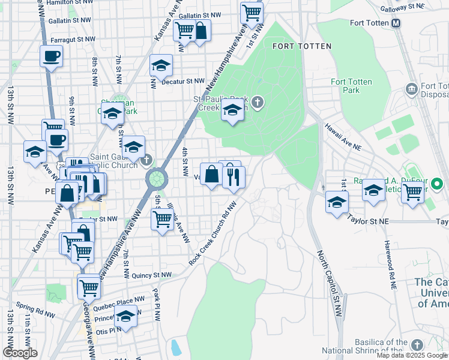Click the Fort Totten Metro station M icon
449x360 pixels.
396,23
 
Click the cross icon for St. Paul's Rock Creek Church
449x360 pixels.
258,103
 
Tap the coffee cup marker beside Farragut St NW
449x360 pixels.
52,57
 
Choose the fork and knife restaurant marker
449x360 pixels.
234,176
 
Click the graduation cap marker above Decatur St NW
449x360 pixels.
161,65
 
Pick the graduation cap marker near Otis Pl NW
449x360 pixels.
125,315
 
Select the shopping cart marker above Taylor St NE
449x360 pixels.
413,192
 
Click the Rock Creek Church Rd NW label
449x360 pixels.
213,233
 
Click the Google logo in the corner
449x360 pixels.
20,353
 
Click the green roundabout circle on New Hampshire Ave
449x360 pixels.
157,178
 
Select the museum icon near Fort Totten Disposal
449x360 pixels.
412,89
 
